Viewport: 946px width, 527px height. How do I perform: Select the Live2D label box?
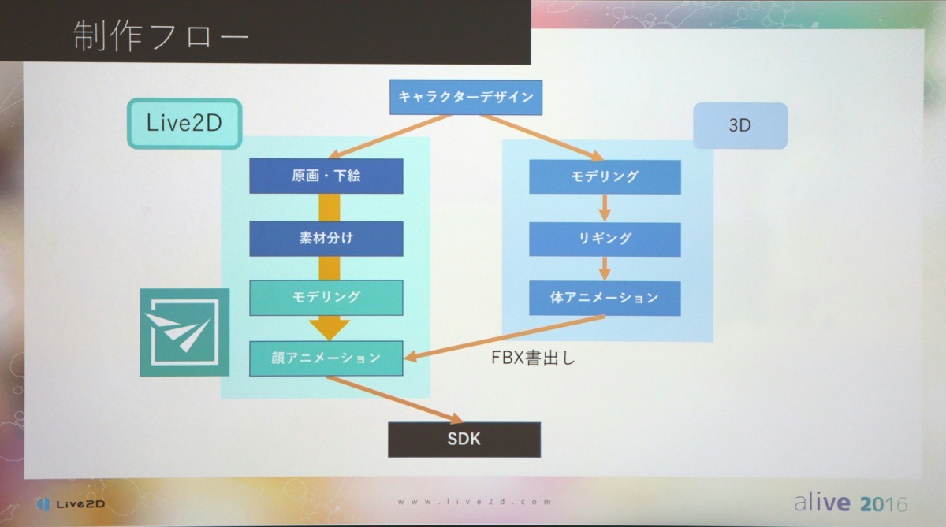point(184,123)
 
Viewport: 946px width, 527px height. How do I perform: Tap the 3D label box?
point(739,125)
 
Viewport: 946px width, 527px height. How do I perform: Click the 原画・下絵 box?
point(326,176)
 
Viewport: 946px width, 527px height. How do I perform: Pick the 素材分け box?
point(326,238)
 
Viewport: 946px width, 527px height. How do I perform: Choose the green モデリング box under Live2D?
point(326,297)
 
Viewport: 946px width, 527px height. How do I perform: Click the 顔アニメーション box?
point(326,358)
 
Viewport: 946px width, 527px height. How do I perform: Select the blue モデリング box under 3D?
point(605,176)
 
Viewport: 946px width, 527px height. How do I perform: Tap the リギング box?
point(605,238)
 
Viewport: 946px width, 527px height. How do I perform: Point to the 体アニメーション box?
point(605,298)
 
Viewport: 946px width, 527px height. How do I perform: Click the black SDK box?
point(464,440)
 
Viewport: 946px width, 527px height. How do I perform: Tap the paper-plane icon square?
point(184,332)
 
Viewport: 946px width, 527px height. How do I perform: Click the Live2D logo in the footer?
point(71,503)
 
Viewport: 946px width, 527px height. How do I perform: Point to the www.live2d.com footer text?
point(473,502)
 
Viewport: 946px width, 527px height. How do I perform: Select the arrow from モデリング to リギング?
point(605,208)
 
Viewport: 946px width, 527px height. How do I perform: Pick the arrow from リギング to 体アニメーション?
point(605,268)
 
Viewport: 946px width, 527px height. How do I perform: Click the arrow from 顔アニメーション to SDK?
point(394,398)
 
